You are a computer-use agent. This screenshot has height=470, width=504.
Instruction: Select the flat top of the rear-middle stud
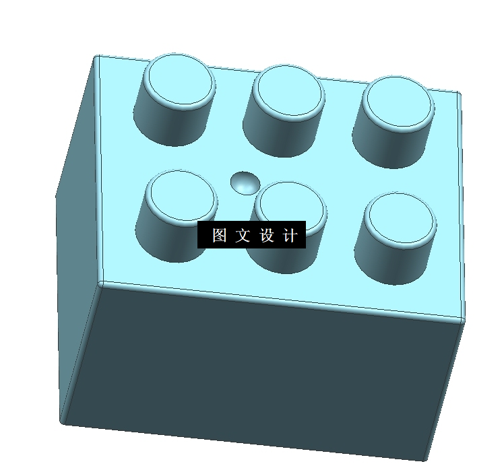click(288, 90)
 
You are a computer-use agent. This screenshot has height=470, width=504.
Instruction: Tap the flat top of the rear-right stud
click(398, 102)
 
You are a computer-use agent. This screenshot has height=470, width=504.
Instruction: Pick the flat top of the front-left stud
click(181, 193)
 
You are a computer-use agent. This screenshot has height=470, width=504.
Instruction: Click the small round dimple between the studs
click(245, 182)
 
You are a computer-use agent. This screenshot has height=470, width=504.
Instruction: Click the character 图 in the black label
click(219, 236)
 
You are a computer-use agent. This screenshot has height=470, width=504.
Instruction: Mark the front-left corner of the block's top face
click(100, 283)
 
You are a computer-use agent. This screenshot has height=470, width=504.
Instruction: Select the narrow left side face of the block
click(77, 236)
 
